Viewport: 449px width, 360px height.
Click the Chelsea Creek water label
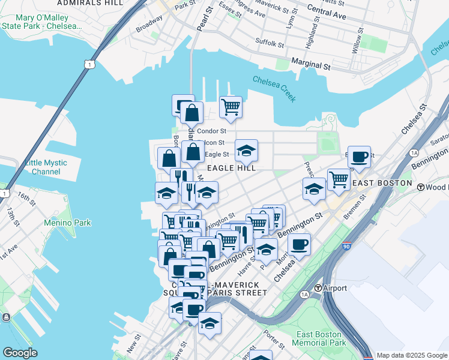click(x=274, y=88)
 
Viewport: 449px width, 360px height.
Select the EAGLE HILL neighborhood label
click(x=232, y=169)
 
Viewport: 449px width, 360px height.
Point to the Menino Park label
click(x=67, y=223)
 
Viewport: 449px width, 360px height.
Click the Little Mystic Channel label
click(x=51, y=167)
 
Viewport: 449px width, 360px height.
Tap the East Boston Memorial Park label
click(x=319, y=338)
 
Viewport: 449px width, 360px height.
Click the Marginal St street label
click(x=310, y=64)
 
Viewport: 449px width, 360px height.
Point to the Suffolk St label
click(x=270, y=44)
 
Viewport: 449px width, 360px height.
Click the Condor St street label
click(x=211, y=131)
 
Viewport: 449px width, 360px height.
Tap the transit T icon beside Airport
click(x=318, y=289)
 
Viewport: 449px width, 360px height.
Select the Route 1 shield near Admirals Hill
click(x=89, y=64)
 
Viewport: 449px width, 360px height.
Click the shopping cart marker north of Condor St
click(x=231, y=107)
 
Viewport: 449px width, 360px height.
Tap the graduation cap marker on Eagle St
click(x=246, y=151)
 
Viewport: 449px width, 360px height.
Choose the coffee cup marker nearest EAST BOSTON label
click(x=359, y=157)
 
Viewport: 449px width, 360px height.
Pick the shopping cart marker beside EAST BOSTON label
click(x=339, y=179)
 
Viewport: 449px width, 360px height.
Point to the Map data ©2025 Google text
click(x=412, y=356)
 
